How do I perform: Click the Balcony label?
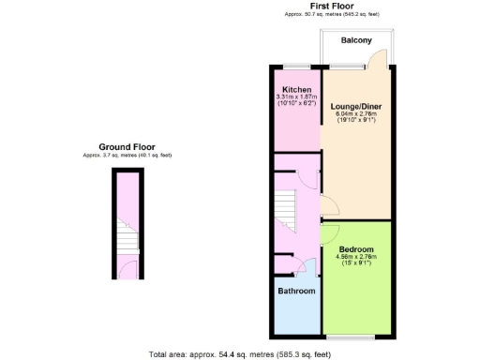356,40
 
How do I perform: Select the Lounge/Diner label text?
356,107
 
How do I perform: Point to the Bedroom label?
356,249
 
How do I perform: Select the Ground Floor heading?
127,147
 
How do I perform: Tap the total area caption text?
240,354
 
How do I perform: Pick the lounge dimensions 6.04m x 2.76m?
356,114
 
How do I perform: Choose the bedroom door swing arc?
330,235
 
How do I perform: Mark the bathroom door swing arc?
300,269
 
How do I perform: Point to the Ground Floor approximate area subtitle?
127,155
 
